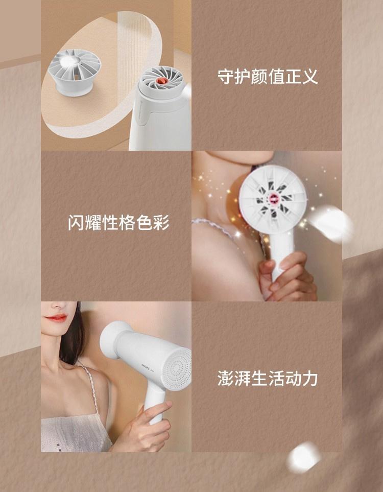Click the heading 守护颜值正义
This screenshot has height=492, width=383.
[268, 77]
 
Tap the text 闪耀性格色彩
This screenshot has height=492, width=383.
[118, 223]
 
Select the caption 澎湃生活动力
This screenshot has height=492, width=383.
[268, 378]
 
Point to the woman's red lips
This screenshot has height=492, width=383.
[57, 318]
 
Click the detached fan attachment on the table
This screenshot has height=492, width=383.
[75, 72]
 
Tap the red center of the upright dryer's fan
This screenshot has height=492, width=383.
[162, 81]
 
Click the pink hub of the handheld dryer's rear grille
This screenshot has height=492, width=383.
[273, 198]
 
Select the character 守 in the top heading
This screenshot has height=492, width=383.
[226, 77]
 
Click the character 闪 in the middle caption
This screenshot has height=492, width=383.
[76, 223]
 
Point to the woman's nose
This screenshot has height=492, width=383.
[60, 305]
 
